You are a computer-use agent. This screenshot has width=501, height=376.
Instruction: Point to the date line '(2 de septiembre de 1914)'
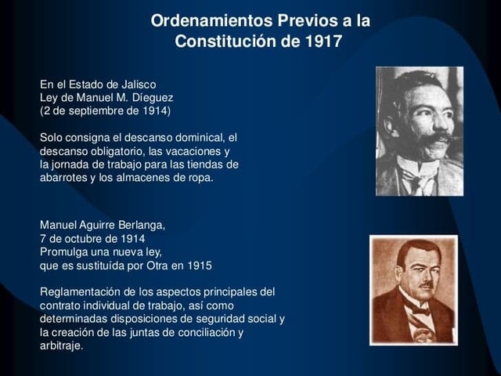pos(105,110)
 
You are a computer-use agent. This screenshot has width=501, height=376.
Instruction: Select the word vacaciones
pos(202,151)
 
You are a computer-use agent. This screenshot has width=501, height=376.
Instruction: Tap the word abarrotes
pos(66,178)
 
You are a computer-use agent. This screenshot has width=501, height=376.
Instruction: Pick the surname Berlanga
pos(140,225)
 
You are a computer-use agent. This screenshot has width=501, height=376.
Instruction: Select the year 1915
pos(198,265)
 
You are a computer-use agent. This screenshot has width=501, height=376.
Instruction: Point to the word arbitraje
pos(60,345)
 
